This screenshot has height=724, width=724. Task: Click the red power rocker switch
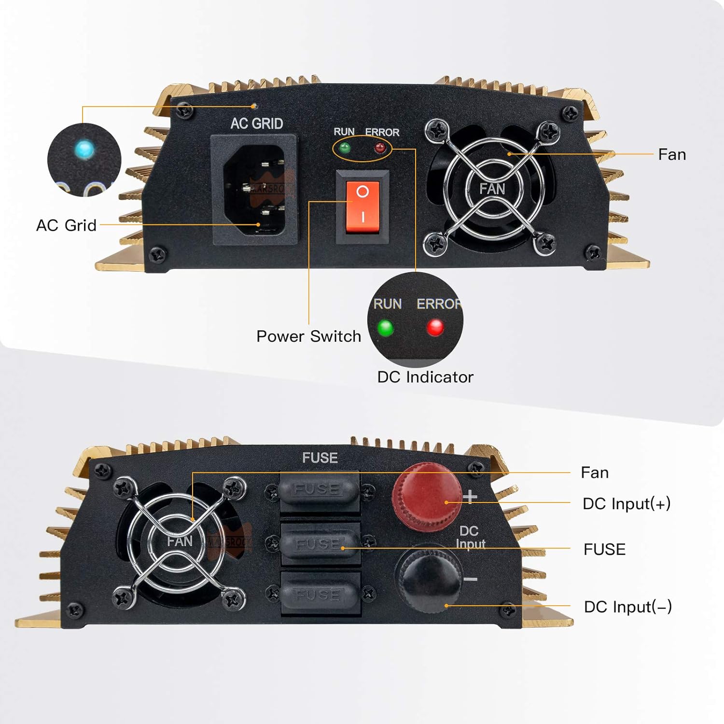(x=362, y=207)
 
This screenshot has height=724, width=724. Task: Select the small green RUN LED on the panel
(x=345, y=147)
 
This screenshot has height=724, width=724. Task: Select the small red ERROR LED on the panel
(x=380, y=147)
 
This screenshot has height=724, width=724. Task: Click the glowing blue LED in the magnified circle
(x=85, y=149)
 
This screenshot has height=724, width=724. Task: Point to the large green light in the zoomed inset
(x=385, y=328)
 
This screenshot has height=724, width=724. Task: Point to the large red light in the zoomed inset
(x=435, y=327)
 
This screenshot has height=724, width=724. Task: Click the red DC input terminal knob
(x=426, y=497)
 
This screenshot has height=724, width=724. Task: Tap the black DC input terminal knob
(x=427, y=577)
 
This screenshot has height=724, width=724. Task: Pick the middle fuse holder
(x=320, y=544)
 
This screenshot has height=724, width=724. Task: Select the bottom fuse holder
(x=320, y=595)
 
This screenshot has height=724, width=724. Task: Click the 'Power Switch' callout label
(x=308, y=336)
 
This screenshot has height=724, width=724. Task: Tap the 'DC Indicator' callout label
(x=425, y=377)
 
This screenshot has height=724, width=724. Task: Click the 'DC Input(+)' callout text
(x=626, y=503)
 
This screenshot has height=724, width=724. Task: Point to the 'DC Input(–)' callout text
(x=627, y=607)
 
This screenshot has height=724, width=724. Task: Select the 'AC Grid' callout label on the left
(x=66, y=225)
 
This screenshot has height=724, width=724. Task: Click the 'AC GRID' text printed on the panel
(x=256, y=124)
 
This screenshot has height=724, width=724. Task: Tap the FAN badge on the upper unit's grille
(x=492, y=188)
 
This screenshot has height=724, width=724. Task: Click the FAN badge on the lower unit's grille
(x=180, y=541)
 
